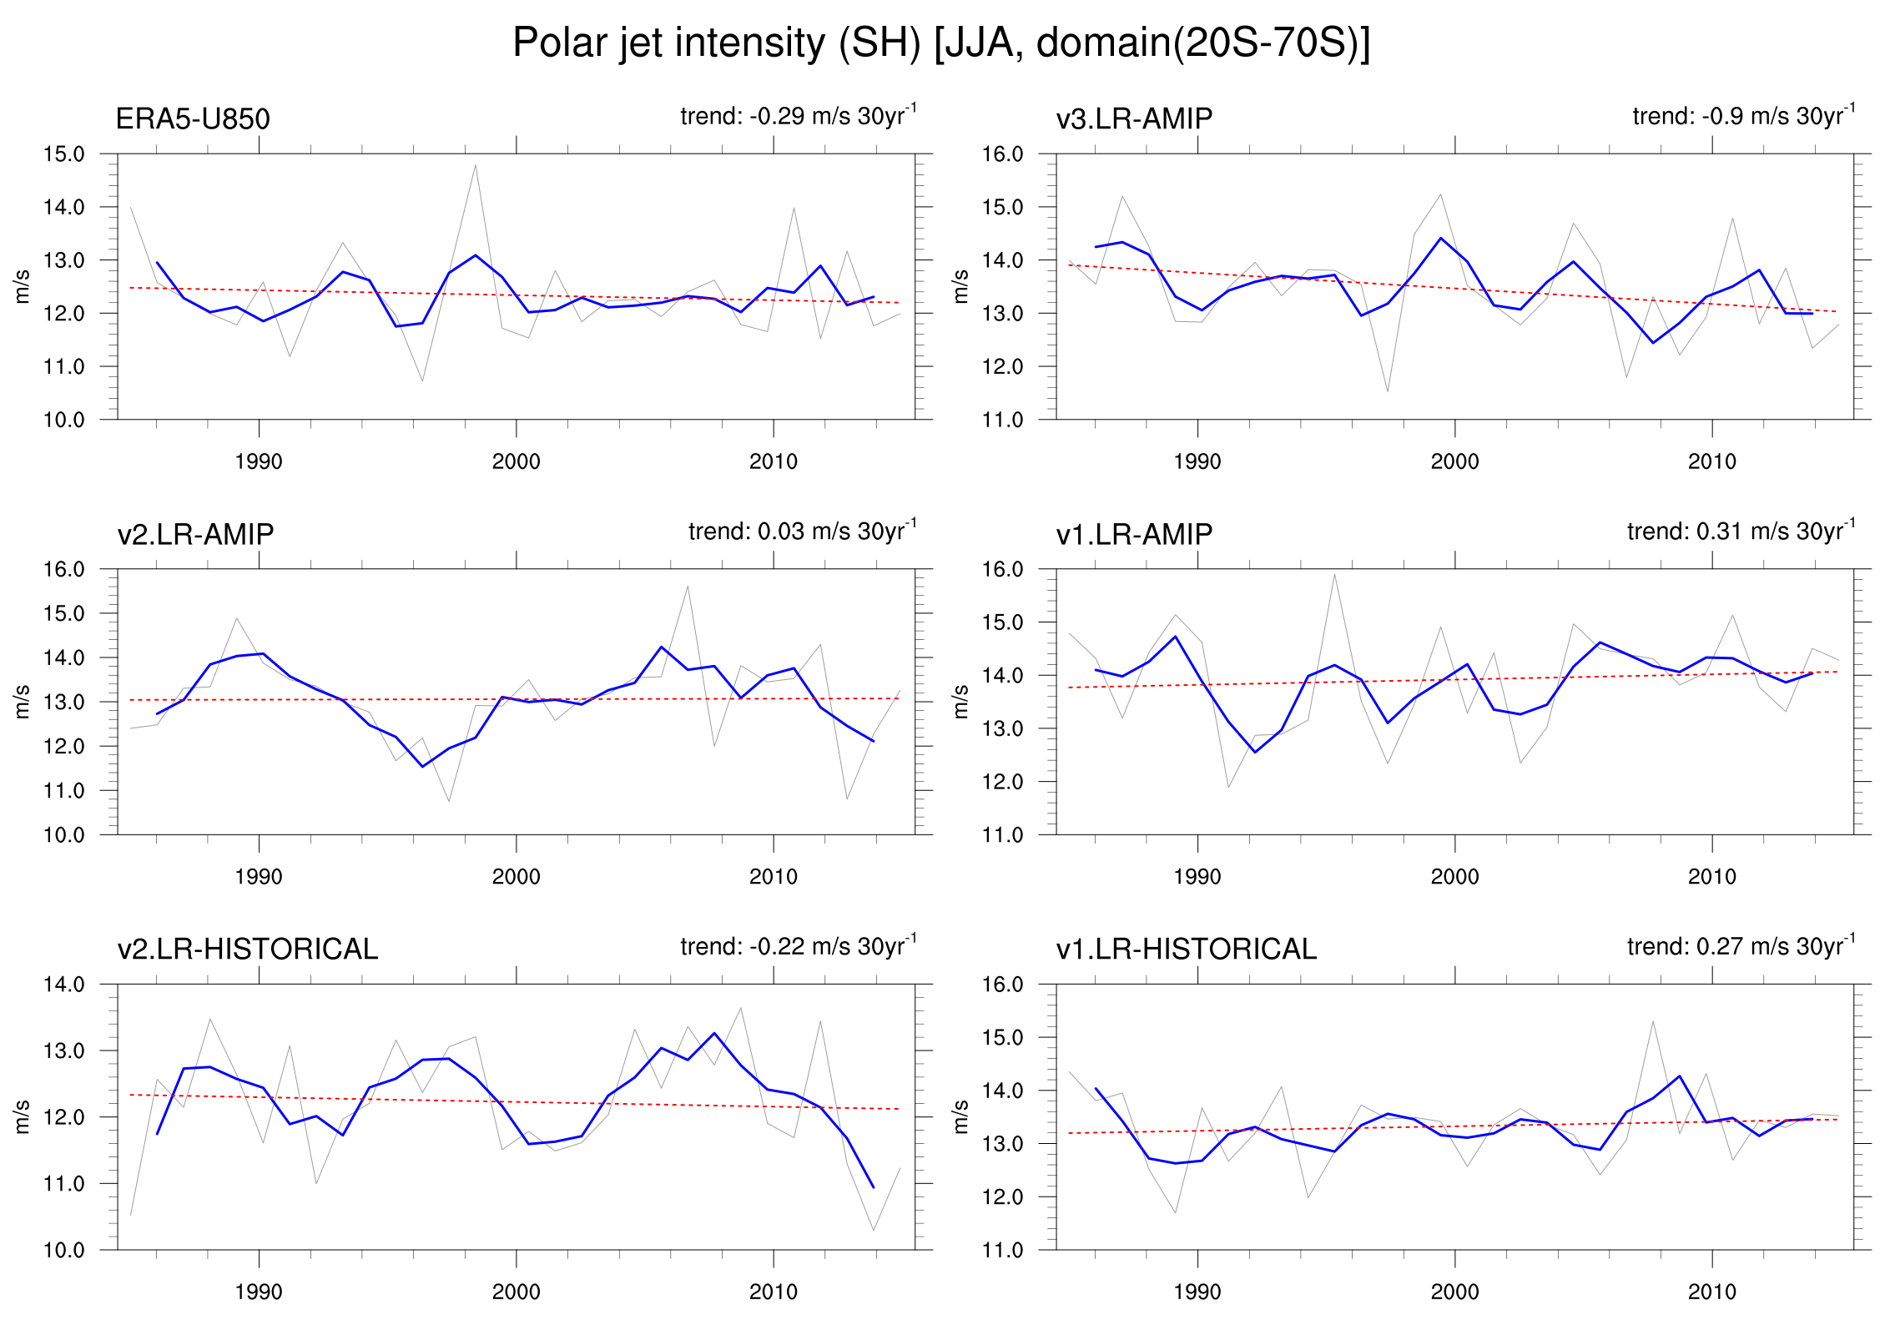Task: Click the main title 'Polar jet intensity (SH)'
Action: coord(940,43)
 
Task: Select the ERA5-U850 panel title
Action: coord(193,118)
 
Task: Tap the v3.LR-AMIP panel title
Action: coord(1134,118)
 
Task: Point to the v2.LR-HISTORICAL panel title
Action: coord(248,949)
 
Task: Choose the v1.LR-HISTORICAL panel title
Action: coord(1186,949)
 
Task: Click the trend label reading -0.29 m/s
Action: coord(798,115)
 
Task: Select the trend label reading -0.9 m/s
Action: coord(1743,115)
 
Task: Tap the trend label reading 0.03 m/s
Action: coord(802,531)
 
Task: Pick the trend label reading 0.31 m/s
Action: coord(1741,531)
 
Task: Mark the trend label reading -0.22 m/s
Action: coord(798,946)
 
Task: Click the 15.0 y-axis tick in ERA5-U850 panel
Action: coord(64,154)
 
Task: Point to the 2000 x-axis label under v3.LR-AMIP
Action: coord(1454,461)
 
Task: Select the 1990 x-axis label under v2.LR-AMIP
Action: coord(259,877)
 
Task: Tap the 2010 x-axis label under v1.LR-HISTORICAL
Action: coord(1711,1292)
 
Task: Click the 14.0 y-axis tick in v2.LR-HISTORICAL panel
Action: coord(64,985)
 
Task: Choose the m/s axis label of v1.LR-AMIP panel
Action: coord(960,702)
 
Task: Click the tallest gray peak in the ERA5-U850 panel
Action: coord(475,165)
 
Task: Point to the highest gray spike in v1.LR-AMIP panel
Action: coord(1334,574)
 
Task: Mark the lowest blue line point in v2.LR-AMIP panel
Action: coord(422,767)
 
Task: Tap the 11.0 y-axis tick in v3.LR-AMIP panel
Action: coord(1002,420)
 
